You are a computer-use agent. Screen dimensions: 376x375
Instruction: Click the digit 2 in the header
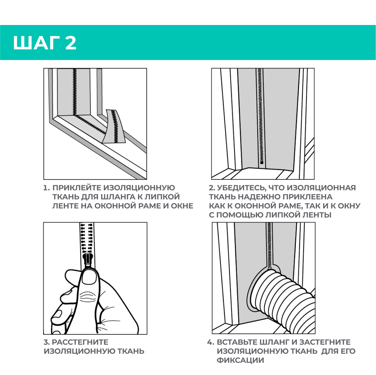71,43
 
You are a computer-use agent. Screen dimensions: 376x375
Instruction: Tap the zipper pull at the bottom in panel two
262,161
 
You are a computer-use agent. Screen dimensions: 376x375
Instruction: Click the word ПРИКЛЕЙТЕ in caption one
77,188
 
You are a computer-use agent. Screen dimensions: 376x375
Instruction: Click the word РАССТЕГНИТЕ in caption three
80,342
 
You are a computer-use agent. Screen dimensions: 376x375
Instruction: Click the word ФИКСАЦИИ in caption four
240,360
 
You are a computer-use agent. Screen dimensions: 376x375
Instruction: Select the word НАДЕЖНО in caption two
258,197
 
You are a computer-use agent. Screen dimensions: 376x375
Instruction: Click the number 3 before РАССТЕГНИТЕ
46,342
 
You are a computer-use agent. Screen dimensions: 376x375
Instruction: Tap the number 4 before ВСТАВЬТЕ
210,342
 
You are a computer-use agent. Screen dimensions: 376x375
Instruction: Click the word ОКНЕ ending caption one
182,206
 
